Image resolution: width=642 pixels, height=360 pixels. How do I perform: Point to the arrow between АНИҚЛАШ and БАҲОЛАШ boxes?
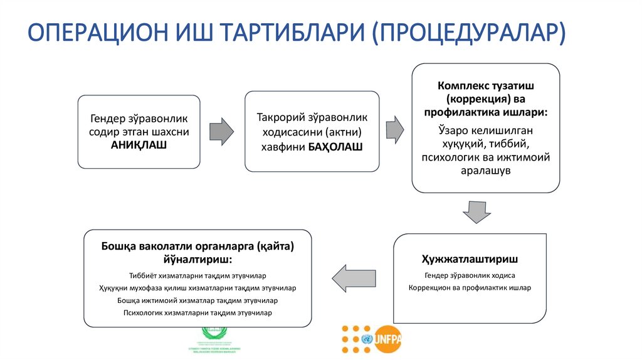(221, 131)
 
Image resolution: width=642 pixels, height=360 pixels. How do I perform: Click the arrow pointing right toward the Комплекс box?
(394, 129)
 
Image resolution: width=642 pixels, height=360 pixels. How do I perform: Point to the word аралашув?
(486, 170)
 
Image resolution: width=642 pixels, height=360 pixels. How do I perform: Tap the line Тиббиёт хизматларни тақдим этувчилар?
(197, 275)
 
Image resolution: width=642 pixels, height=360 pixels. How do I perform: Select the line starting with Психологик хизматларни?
(197, 312)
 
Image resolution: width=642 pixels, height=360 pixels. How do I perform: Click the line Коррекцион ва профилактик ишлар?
(470, 288)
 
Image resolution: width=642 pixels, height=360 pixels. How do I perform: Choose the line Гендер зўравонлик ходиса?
(470, 275)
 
